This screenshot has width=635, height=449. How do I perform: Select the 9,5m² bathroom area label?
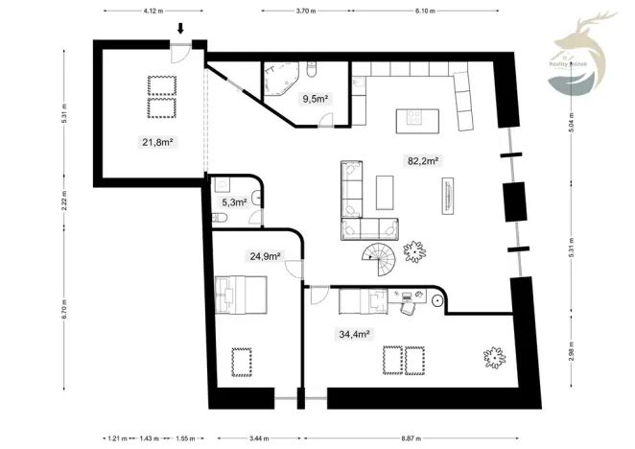coord(316,99)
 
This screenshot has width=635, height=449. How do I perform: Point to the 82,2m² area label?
coord(423,161)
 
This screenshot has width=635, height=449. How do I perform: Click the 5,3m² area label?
coord(235,202)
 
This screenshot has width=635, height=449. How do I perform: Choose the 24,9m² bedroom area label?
coord(265,256)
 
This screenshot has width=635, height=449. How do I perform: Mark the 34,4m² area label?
coord(354,334)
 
